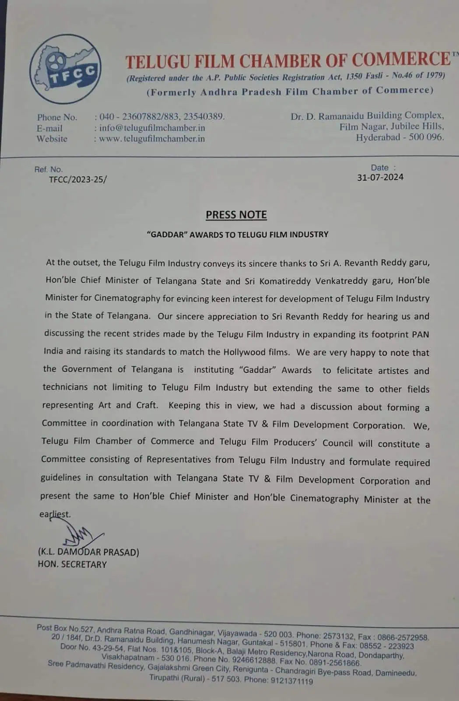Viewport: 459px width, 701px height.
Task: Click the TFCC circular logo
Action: tap(66, 69)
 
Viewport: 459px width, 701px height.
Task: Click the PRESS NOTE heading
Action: tap(236, 215)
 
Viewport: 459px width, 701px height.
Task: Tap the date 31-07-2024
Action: tap(380, 177)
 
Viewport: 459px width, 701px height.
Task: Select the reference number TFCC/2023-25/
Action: tap(78, 179)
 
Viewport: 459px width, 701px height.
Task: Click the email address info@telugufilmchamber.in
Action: tap(152, 128)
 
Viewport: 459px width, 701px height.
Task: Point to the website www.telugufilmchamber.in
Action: tap(152, 138)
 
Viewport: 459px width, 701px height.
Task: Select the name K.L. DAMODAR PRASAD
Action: tap(88, 552)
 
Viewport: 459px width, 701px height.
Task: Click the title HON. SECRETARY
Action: tap(72, 564)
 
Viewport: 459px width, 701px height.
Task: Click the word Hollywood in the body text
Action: tap(256, 352)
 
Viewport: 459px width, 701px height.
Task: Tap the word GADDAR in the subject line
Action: tap(163, 234)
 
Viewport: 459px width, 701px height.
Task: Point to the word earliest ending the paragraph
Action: tap(55, 514)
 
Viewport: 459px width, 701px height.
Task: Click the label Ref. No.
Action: tap(49, 169)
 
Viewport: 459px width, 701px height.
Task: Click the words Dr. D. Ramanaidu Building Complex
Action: tap(367, 116)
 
